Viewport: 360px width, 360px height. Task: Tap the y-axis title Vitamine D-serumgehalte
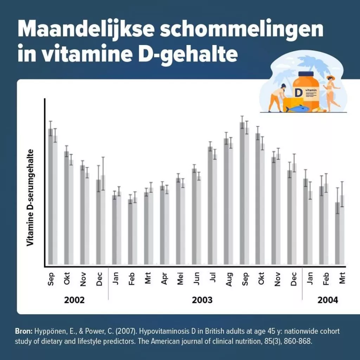(31, 197)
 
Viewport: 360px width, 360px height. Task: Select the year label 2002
(75, 300)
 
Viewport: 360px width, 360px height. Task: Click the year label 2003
(202, 300)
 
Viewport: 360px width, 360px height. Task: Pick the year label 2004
(328, 300)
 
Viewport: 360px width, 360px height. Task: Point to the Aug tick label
(229, 279)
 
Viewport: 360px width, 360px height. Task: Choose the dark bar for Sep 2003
(242, 193)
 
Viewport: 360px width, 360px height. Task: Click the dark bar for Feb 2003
(130, 232)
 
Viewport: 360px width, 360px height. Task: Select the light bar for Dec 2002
(103, 220)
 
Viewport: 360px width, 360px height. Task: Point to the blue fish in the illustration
(297, 108)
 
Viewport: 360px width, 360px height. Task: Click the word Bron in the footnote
(23, 332)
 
